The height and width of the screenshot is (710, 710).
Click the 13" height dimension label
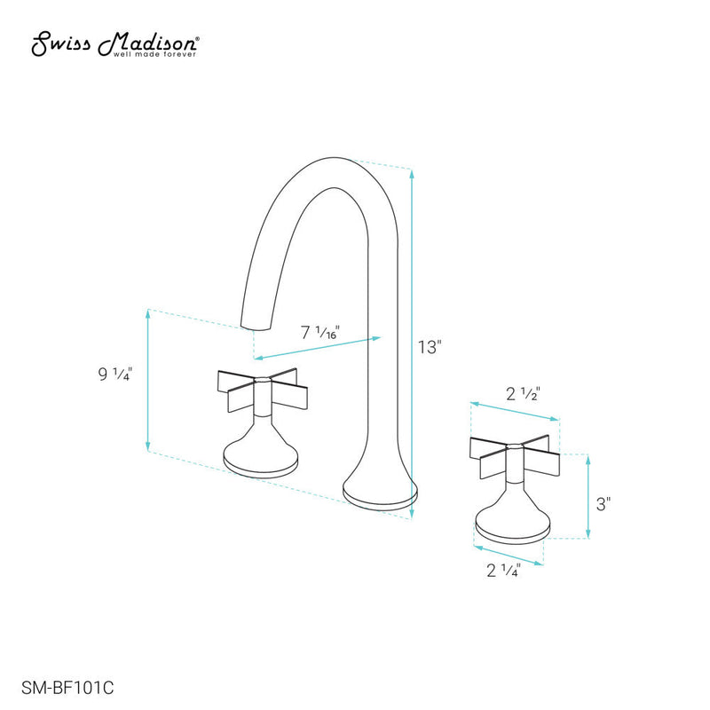[x=430, y=346]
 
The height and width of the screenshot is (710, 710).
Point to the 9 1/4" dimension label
[x=116, y=375]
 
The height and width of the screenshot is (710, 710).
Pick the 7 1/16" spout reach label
[x=320, y=334]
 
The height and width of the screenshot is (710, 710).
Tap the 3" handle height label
[x=603, y=504]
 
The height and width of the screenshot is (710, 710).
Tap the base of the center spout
[x=379, y=496]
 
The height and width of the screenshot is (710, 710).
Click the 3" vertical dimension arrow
[x=588, y=497]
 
